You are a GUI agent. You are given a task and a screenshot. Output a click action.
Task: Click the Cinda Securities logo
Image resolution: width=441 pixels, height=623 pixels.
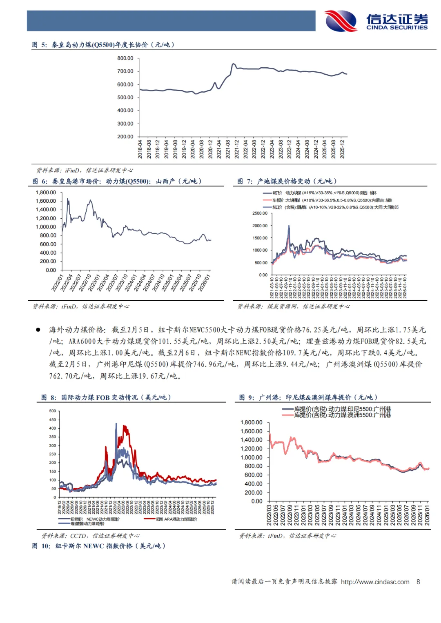[376, 21]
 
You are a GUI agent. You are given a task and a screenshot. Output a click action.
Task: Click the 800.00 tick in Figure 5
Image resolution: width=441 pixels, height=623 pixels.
[125, 58]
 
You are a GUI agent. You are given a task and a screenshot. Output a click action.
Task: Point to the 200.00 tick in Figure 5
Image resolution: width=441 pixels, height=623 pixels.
[125, 137]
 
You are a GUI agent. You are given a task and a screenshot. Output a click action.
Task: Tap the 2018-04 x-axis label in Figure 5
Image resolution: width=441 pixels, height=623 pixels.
[140, 149]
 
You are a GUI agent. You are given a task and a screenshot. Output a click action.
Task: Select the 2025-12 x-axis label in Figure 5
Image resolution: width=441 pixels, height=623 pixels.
[342, 149]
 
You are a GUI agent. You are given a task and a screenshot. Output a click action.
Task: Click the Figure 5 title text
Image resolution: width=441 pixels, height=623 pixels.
[103, 44]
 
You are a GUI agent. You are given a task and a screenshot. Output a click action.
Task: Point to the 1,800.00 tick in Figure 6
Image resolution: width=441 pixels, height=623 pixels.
[46, 193]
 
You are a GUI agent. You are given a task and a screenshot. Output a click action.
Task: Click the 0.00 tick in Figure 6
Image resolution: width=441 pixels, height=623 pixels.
[51, 270]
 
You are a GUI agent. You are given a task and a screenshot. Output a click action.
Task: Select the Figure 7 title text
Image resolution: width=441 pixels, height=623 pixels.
[287, 181]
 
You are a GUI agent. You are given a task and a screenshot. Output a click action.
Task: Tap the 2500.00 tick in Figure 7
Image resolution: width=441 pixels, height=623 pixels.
[260, 213]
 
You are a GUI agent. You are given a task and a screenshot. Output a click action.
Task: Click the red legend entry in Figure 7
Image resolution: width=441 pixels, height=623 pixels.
[327, 200]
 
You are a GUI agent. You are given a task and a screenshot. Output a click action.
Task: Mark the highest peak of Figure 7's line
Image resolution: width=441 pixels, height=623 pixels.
[289, 226]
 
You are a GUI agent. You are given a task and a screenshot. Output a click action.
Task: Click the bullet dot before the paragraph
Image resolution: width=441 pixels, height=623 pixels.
[38, 330]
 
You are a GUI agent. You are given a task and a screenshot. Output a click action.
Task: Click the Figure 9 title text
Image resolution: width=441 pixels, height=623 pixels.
[308, 397]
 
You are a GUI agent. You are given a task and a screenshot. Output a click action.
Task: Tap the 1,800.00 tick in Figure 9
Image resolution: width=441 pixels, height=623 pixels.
[251, 423]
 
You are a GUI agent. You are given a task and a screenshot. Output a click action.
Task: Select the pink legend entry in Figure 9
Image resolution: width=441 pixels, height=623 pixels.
[337, 415]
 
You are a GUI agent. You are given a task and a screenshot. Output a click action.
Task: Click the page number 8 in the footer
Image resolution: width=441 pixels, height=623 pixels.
[418, 582]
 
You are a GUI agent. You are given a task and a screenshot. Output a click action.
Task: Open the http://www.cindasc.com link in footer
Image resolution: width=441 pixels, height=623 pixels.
[375, 582]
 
